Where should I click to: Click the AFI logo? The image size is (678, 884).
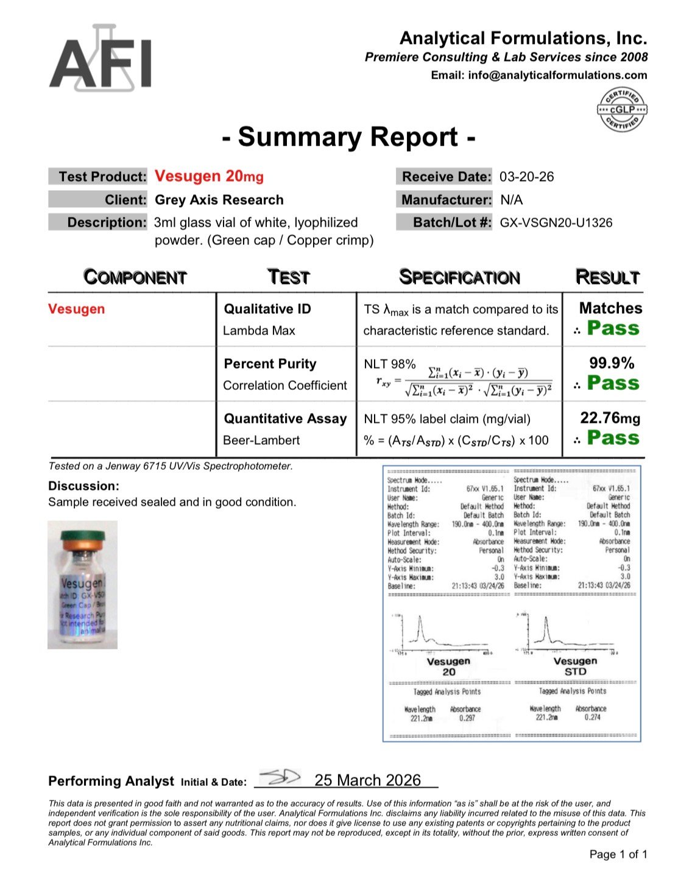pos(101,60)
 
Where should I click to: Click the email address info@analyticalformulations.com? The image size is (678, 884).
pos(557,76)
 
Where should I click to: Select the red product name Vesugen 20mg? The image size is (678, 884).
pos(209,177)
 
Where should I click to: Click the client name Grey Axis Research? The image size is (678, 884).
pos(219,200)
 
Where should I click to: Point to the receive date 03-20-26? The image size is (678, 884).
pos(526,177)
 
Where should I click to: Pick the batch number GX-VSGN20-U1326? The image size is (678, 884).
pos(556,222)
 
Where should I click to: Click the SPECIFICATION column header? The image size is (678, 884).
pos(459,277)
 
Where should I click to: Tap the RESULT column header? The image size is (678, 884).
pos(607,277)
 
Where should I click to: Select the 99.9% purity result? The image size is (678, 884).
pos(611,363)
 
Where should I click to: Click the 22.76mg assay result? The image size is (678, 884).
pos(610,418)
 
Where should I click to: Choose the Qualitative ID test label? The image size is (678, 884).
pos(267,309)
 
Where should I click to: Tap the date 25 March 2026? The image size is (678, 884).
pos(367,780)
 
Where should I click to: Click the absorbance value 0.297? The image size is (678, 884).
pos(467,718)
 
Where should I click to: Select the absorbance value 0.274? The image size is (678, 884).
pos(592,718)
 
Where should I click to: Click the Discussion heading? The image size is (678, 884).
pos(83,486)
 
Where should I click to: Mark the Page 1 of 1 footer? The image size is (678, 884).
pos(618,854)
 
